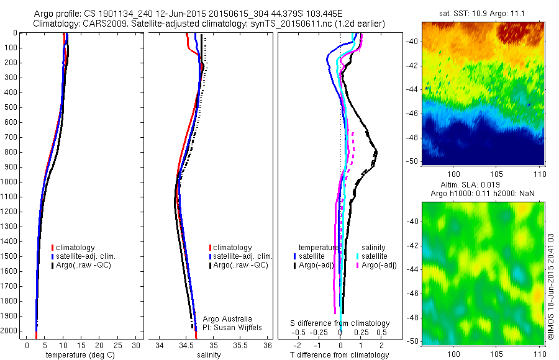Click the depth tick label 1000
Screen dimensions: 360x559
[x=10, y=182]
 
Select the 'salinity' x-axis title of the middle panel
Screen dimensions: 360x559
[x=209, y=355]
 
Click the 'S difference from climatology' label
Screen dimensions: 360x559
[x=340, y=323]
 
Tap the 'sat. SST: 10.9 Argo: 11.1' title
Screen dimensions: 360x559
[x=483, y=12]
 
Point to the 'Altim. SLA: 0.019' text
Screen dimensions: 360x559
[x=483, y=185]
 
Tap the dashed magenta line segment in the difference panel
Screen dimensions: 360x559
[x=352, y=149]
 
